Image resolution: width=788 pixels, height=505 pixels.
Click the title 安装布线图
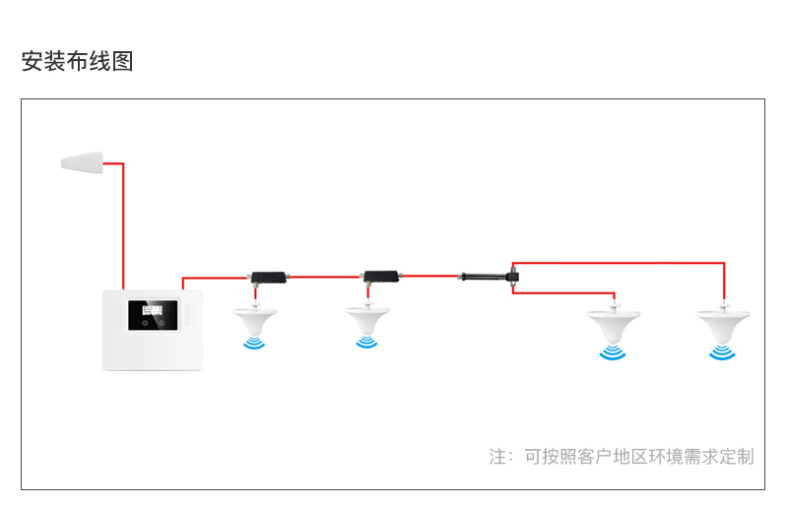pyautogui.click(x=77, y=61)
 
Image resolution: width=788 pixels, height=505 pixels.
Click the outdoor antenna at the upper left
pyautogui.click(x=83, y=161)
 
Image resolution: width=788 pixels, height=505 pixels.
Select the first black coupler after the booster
pyautogui.click(x=265, y=277)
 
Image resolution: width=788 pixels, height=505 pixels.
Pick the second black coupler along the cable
pyautogui.click(x=379, y=277)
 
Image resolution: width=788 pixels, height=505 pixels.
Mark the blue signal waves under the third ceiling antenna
pyautogui.click(x=613, y=352)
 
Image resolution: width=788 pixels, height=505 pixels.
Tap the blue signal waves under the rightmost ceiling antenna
pyautogui.click(x=722, y=352)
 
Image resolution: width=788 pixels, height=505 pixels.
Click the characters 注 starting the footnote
pyautogui.click(x=498, y=457)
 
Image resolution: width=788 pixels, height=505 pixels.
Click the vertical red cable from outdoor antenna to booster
pyautogui.click(x=123, y=226)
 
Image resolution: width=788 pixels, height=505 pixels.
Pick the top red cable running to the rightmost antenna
pyautogui.click(x=621, y=263)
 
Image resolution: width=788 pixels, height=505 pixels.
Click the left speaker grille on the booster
pyautogui.click(x=117, y=316)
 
